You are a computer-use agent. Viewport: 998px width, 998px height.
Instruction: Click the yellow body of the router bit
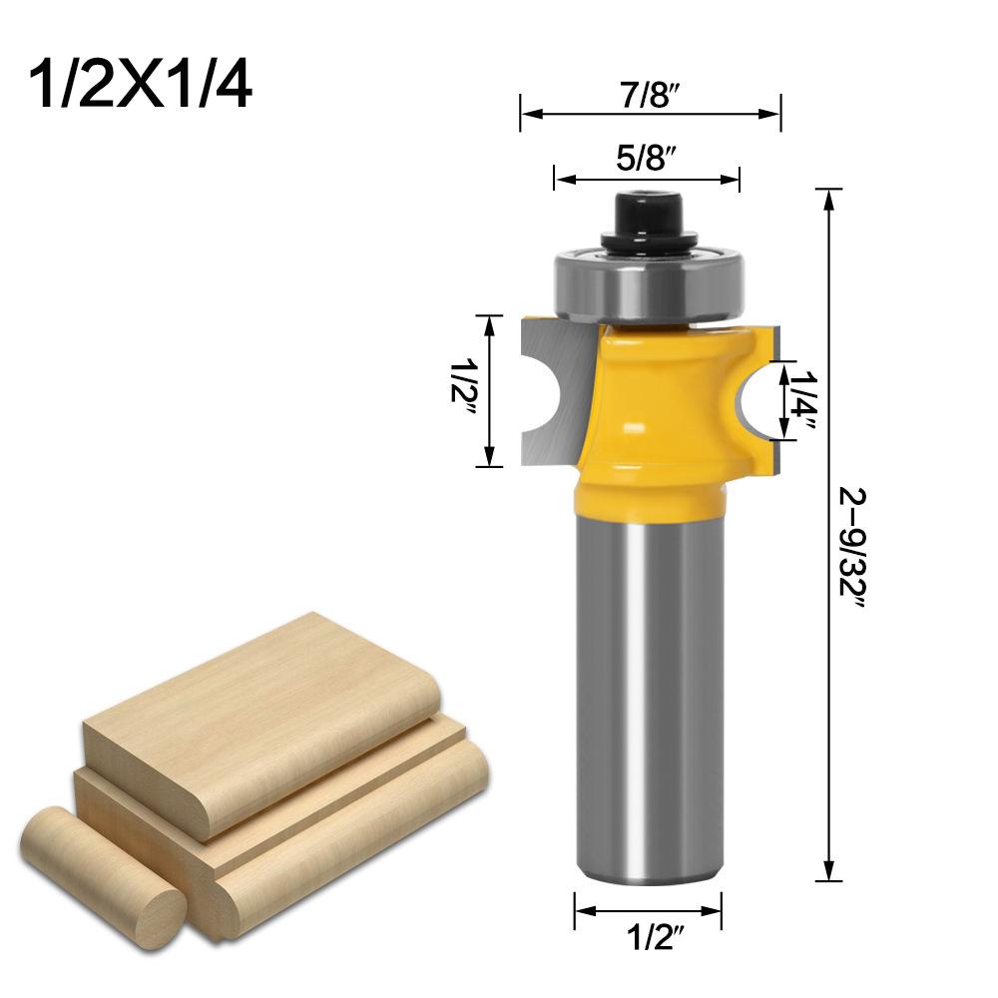(x=654, y=409)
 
